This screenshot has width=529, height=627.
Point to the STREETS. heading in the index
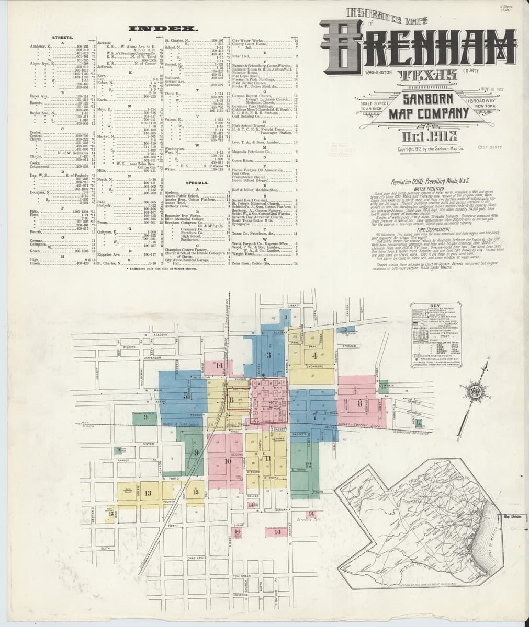(x=62, y=38)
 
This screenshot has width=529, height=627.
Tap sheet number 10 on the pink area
(x=228, y=461)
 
